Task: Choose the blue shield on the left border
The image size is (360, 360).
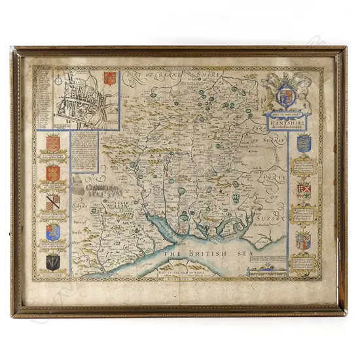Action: (x=53, y=232)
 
